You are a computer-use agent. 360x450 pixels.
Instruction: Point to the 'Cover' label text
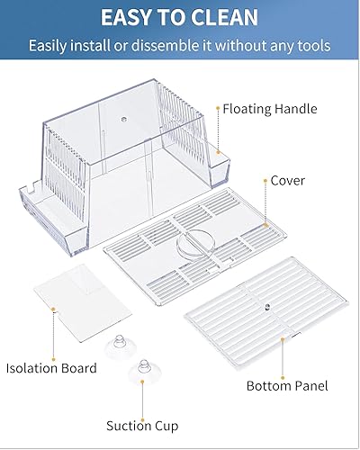[x=288, y=180]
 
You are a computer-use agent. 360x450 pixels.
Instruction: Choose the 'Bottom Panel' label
[x=287, y=386]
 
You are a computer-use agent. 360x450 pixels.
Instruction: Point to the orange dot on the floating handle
[x=218, y=110]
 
